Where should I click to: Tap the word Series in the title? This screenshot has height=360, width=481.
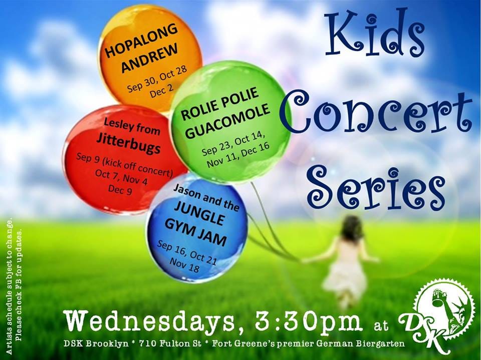(x=376, y=184)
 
